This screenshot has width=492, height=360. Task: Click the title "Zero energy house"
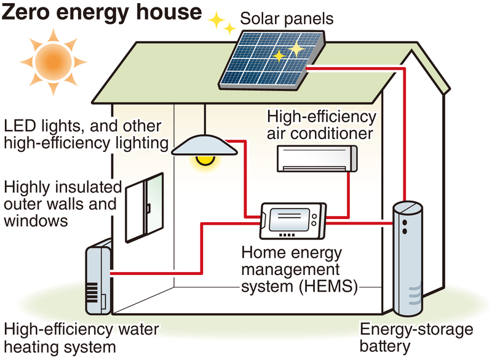click(102, 13)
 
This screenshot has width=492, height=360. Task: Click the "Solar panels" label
click(287, 19)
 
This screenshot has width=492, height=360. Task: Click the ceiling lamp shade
click(204, 145)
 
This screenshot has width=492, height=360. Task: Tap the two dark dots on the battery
click(405, 224)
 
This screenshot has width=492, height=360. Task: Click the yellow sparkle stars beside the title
click(221, 24)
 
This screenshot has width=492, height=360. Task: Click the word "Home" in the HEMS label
click(264, 252)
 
